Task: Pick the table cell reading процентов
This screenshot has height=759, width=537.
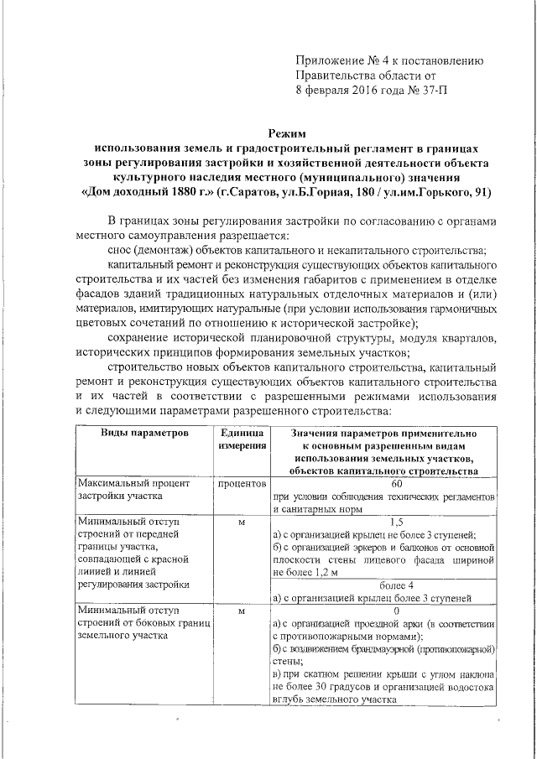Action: (x=242, y=485)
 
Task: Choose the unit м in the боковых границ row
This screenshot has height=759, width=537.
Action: (x=242, y=611)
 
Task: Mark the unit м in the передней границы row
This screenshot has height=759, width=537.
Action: (x=242, y=522)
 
